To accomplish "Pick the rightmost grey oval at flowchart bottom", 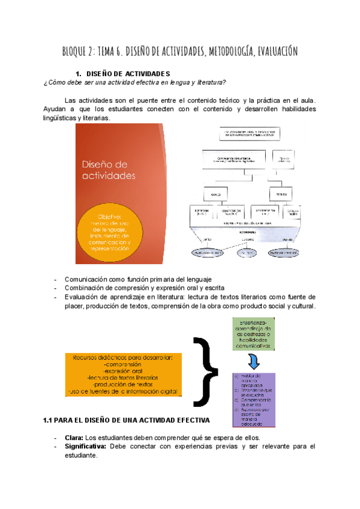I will tap(284, 254).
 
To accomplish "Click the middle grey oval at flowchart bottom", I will tap(247, 254).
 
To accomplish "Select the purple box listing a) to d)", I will tap(254, 400).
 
